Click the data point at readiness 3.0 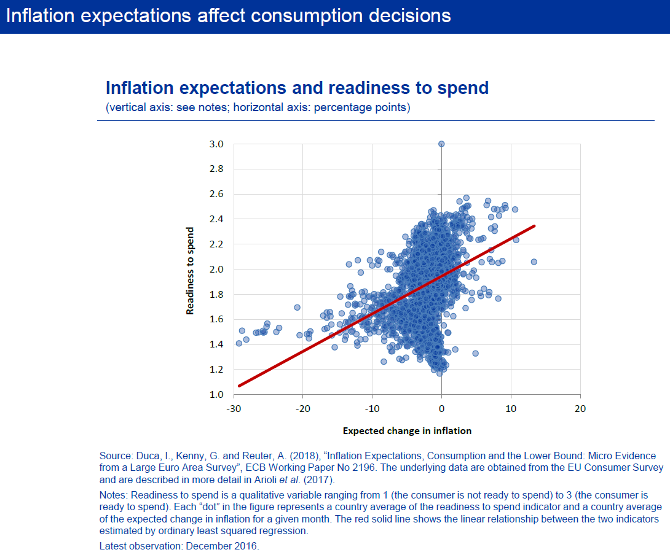(x=441, y=144)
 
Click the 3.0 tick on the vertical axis (x=216, y=144)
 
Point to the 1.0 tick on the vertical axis (x=216, y=394)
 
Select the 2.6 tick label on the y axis (x=216, y=194)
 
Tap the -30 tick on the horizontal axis (x=233, y=408)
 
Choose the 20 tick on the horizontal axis (x=580, y=408)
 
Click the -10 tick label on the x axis (x=371, y=408)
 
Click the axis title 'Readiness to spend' (x=191, y=271)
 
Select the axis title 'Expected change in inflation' (x=407, y=431)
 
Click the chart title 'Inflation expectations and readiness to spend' (x=297, y=88)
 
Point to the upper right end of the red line (x=534, y=226)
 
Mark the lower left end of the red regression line (x=239, y=386)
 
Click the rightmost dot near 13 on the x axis (x=534, y=262)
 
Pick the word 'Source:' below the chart (x=114, y=456)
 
